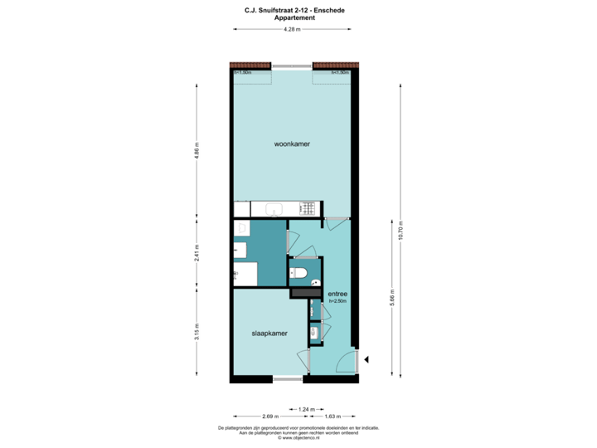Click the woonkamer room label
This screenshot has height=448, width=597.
pyautogui.click(x=292, y=144)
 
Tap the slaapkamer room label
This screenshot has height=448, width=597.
pyautogui.click(x=269, y=334)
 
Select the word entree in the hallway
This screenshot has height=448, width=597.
pyautogui.click(x=337, y=295)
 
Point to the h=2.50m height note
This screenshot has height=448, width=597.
pyautogui.click(x=337, y=302)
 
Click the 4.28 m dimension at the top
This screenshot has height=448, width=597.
pyautogui.click(x=291, y=29)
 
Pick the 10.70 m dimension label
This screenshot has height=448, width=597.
pyautogui.click(x=400, y=230)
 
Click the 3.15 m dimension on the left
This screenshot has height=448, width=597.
pyautogui.click(x=197, y=332)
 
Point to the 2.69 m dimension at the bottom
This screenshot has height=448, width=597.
pyautogui.click(x=269, y=416)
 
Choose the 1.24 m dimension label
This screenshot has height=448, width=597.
pyautogui.click(x=307, y=408)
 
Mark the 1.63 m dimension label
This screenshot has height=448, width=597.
pyautogui.click(x=332, y=416)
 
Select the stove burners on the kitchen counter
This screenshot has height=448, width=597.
pyautogui.click(x=308, y=208)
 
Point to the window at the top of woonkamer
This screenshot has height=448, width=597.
pyautogui.click(x=292, y=66)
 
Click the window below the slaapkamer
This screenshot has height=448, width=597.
pyautogui.click(x=288, y=380)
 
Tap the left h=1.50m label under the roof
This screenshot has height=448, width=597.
pyautogui.click(x=243, y=73)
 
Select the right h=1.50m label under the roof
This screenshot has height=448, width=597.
pyautogui.click(x=340, y=73)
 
